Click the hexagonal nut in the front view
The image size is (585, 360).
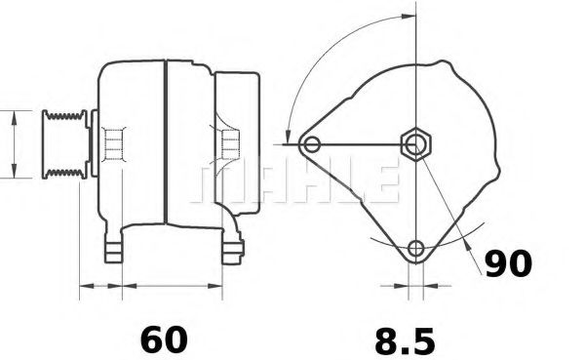tap(417, 145)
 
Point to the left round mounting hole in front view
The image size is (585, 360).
tap(312, 145)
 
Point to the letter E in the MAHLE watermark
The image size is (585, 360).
tap(381, 181)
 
